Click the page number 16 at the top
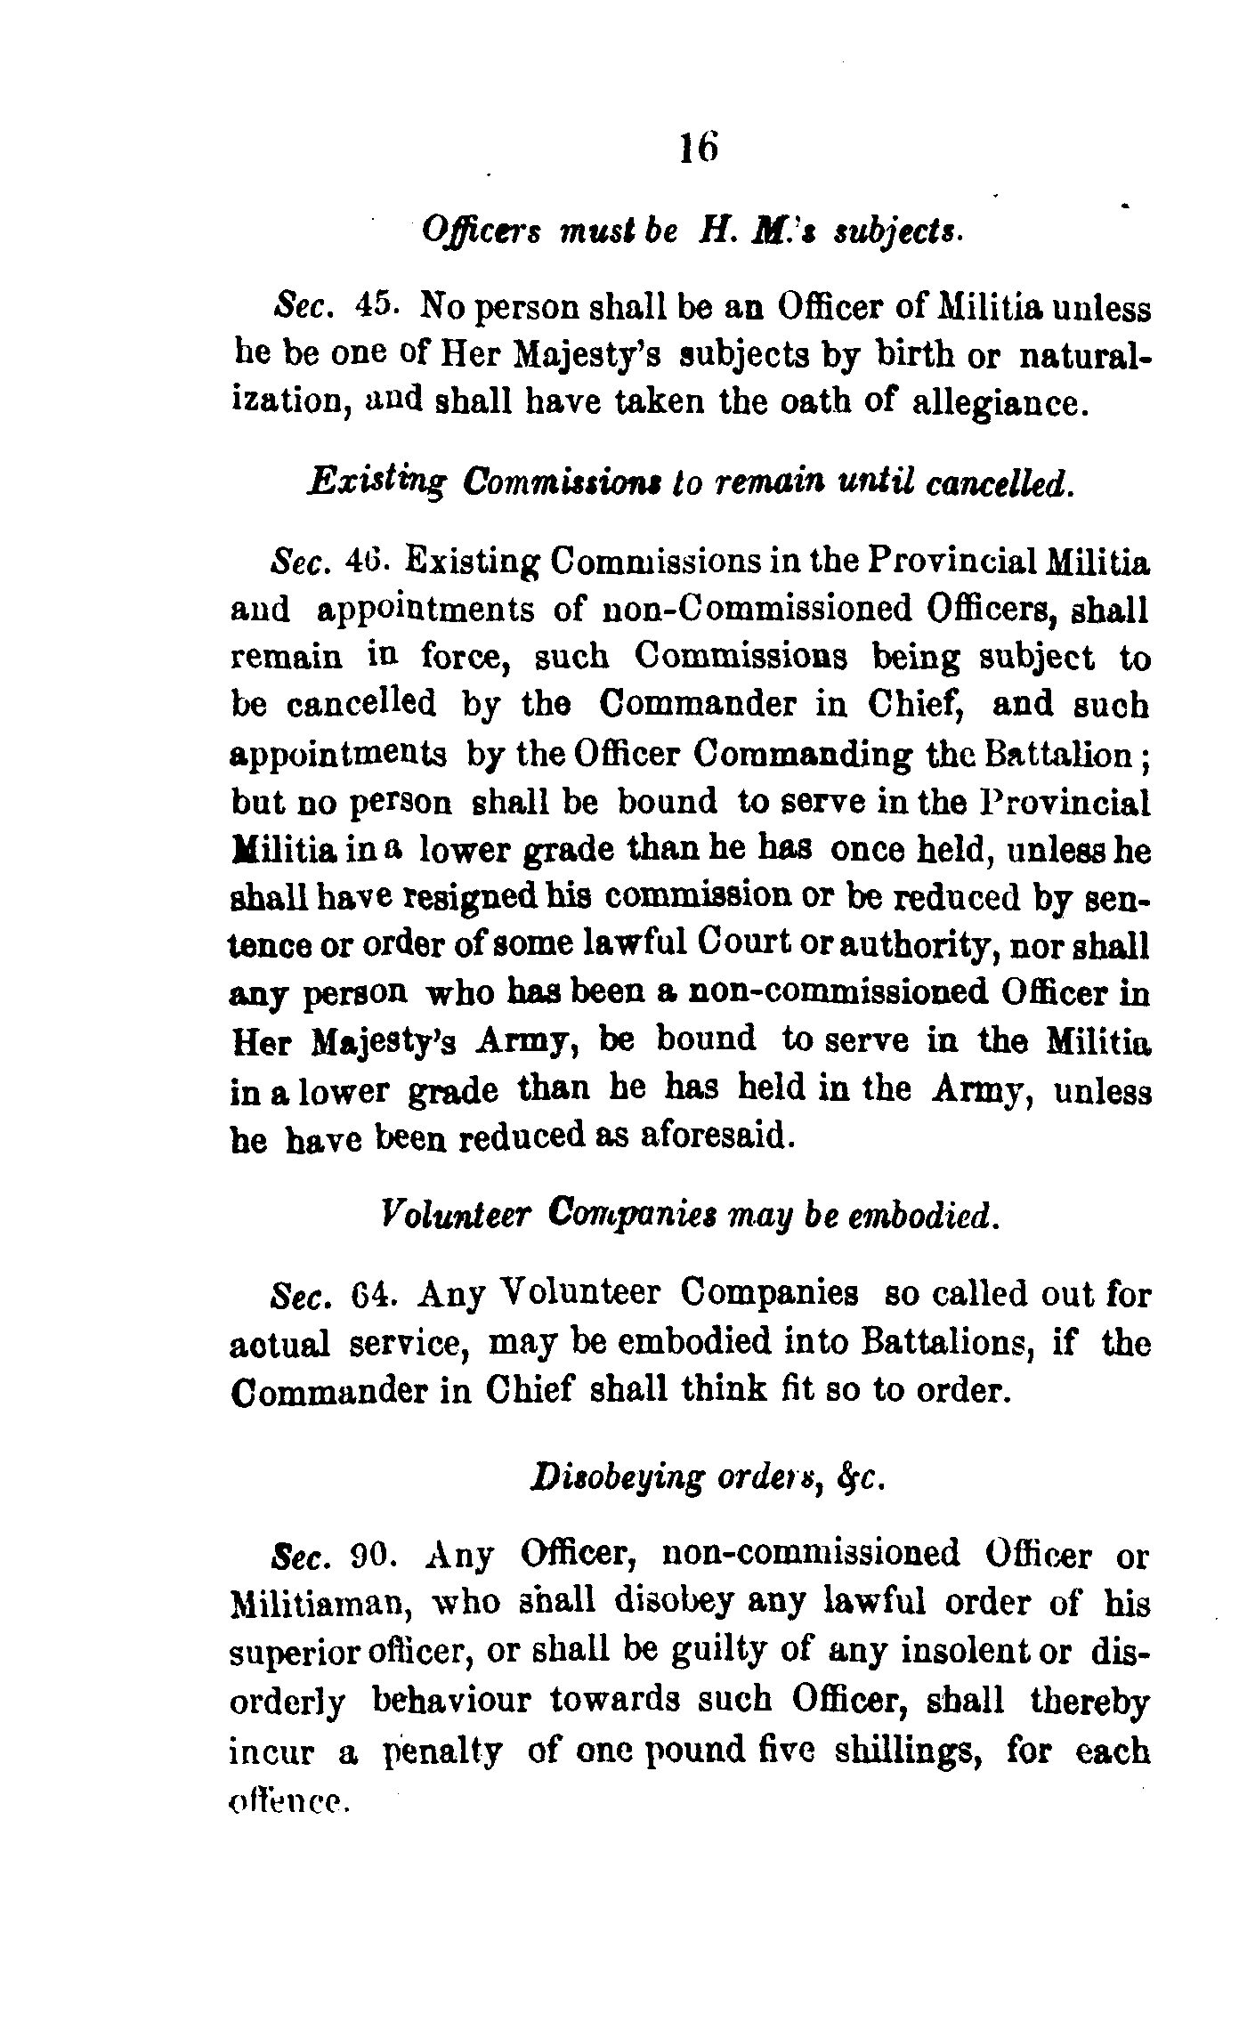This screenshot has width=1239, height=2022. (x=699, y=146)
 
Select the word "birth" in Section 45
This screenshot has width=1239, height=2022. (x=925, y=355)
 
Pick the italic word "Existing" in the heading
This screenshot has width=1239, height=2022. (x=375, y=483)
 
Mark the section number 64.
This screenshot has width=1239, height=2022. (x=368, y=1292)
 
